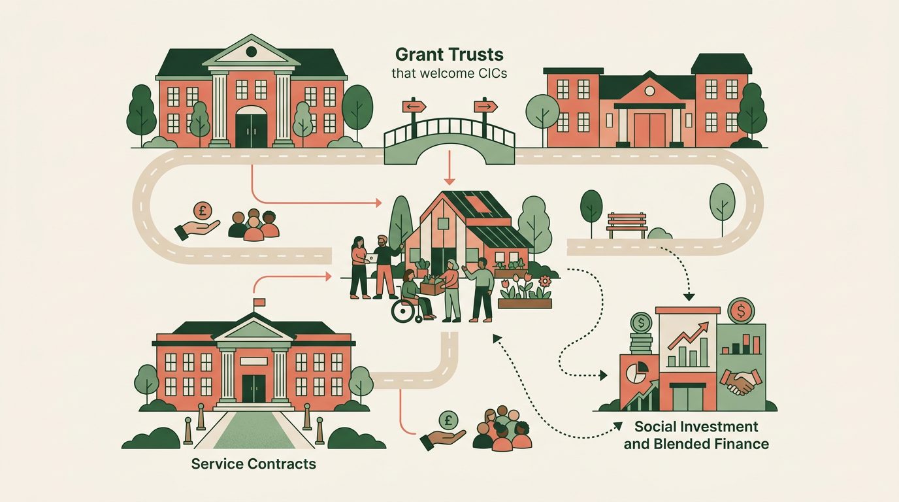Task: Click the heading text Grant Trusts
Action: (449, 54)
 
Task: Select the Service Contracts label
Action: (253, 464)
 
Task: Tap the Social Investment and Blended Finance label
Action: (696, 435)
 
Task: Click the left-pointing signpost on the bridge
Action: (414, 107)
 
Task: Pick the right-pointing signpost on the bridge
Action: (485, 107)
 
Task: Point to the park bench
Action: (627, 226)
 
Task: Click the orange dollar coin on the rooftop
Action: (741, 310)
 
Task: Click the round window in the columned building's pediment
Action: (252, 52)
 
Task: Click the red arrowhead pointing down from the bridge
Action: (449, 182)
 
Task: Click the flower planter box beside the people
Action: (525, 303)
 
